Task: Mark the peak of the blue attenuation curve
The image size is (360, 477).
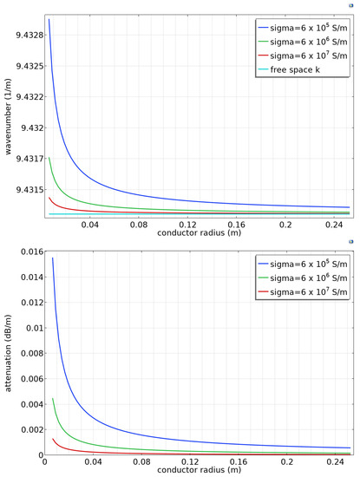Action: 52,258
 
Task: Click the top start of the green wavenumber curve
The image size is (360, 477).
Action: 49,157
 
